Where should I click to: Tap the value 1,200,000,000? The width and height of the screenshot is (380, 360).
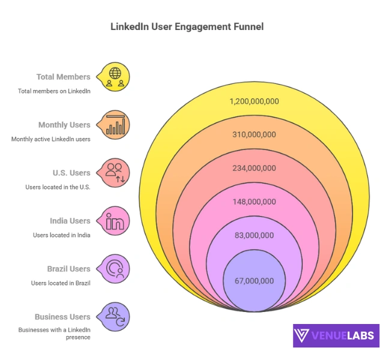coord(254,101)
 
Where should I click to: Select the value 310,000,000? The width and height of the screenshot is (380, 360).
coord(254,134)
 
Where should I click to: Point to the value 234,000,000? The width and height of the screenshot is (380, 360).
coord(254,168)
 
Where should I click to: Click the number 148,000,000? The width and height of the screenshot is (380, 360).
coord(254,202)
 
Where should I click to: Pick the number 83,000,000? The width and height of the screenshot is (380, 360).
coord(254,235)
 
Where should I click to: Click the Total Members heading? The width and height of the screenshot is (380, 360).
coord(63,77)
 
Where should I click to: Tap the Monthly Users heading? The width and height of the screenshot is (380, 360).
coord(64,125)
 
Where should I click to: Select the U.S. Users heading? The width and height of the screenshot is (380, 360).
coord(71,173)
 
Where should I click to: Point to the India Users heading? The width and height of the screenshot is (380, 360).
coord(70,221)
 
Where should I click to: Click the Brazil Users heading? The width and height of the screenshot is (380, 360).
coord(68,269)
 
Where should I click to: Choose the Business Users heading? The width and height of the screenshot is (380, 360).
coord(62,317)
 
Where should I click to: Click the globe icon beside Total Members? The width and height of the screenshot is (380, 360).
coord(115,77)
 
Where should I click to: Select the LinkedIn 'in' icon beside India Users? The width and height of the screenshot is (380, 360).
coord(115,221)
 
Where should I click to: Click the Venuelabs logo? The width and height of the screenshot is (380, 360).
coord(336,335)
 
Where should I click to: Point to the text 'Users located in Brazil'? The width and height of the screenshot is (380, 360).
coord(61,283)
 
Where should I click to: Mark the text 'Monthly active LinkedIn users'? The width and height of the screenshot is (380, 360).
coord(50,139)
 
